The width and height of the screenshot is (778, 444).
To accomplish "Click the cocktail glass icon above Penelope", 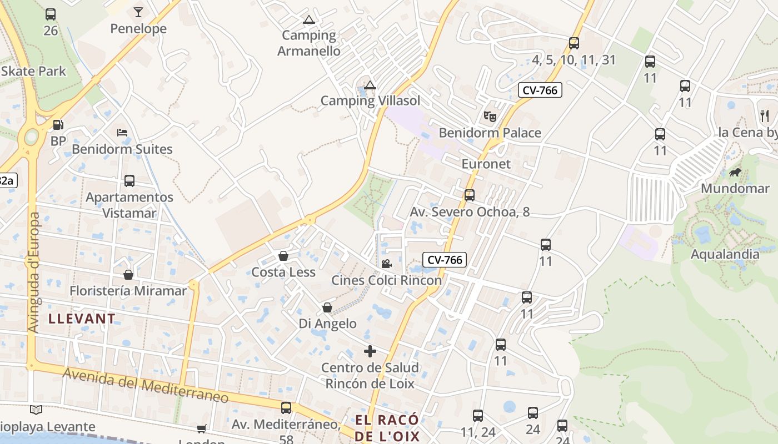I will [x=138, y=12].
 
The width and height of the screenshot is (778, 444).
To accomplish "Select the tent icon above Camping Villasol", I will [x=370, y=85].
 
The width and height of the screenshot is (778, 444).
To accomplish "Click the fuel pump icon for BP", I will [x=58, y=125].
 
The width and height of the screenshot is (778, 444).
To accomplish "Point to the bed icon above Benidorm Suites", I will [x=122, y=133].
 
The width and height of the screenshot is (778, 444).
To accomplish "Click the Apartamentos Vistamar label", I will [x=129, y=205].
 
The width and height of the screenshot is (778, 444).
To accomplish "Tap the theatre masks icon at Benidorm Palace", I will [x=490, y=116].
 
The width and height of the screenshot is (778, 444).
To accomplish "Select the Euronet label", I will [x=486, y=164].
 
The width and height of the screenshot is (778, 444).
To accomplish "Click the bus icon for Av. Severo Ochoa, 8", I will [x=470, y=195].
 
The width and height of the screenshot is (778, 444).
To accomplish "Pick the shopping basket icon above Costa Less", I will [x=283, y=256].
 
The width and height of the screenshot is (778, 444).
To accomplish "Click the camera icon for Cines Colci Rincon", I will [x=386, y=264].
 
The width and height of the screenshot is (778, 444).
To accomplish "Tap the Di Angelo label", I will [x=328, y=324].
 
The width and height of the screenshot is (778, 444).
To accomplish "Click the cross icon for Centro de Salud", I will [x=370, y=351].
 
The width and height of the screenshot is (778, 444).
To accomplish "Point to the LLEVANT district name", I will [x=82, y=319].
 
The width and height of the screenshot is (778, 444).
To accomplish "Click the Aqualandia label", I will [x=725, y=255].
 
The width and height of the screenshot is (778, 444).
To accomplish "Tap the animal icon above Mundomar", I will [x=735, y=173].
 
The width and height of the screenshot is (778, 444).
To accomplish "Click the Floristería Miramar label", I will [x=128, y=291].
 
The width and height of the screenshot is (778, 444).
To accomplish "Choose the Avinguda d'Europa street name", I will [x=34, y=272].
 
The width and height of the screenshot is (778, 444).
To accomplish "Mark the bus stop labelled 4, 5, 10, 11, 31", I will [x=574, y=43].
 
